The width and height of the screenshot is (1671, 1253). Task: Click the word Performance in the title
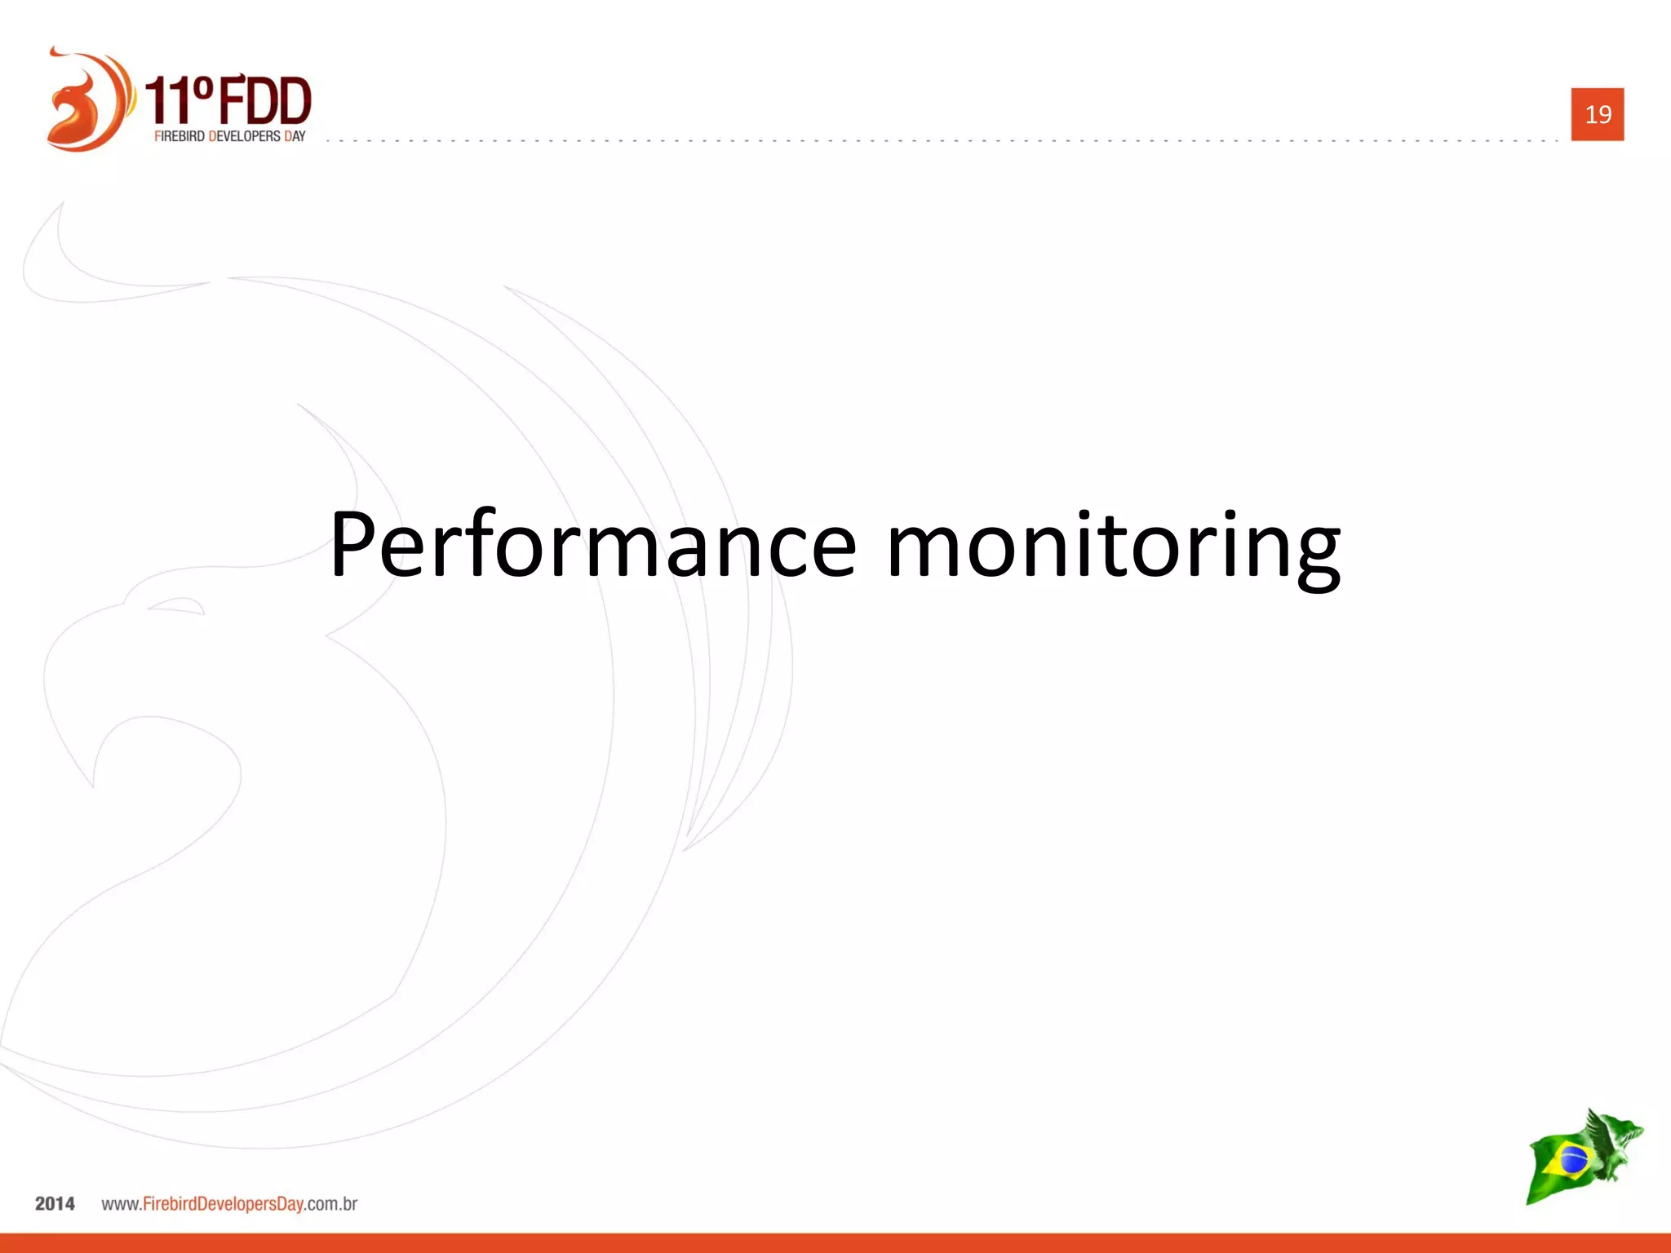pyautogui.click(x=592, y=545)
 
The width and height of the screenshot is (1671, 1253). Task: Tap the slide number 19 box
pyautogui.click(x=1597, y=114)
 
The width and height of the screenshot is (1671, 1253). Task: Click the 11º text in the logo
pyautogui.click(x=180, y=101)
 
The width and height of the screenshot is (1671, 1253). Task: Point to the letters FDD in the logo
pyautogui.click(x=264, y=101)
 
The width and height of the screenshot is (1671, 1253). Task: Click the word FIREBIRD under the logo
pyautogui.click(x=180, y=136)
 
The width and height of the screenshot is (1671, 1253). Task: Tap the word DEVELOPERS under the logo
pyautogui.click(x=245, y=136)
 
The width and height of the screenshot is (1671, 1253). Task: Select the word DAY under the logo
pyautogui.click(x=295, y=136)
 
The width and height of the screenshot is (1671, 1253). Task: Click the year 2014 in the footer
pyautogui.click(x=55, y=1204)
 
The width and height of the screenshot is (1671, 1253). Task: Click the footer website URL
pyautogui.click(x=229, y=1204)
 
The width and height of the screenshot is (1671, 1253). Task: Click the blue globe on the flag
pyautogui.click(x=1571, y=1159)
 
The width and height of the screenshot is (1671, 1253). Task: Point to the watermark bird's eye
pyautogui.click(x=176, y=605)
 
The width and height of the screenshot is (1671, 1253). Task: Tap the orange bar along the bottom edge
pyautogui.click(x=835, y=1243)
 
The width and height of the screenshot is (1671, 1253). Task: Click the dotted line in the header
pyautogui.click(x=938, y=140)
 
